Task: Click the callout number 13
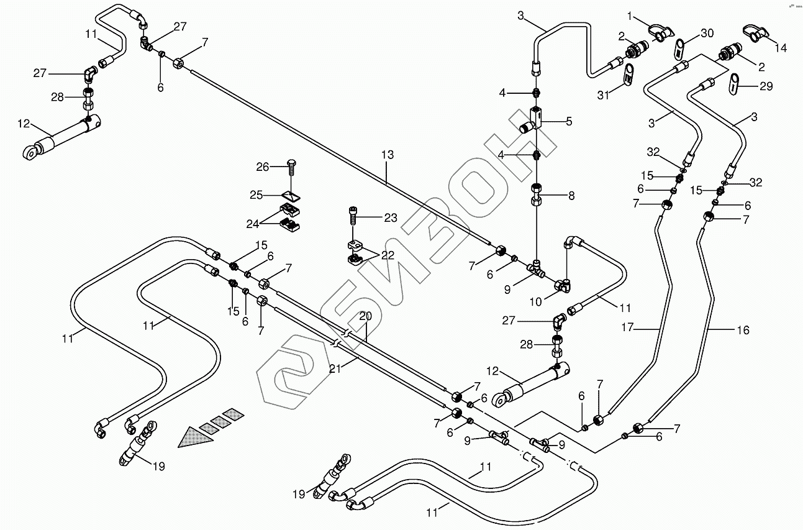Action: [x=388, y=154]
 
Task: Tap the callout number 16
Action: [x=743, y=331]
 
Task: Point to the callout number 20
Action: [x=365, y=316]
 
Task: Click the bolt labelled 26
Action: [x=293, y=169]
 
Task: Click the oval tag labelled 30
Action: [x=680, y=47]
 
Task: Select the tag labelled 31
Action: [x=628, y=76]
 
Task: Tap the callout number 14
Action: [x=779, y=47]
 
